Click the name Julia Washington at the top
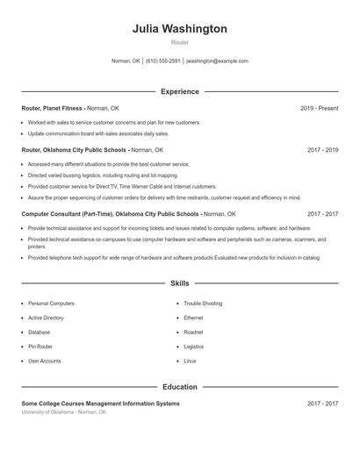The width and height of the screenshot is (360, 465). pyautogui.click(x=180, y=29)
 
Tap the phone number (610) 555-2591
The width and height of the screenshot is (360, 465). pyautogui.click(x=163, y=61)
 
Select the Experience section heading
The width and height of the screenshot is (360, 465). pyautogui.click(x=180, y=91)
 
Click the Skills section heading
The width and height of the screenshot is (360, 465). pyautogui.click(x=180, y=284)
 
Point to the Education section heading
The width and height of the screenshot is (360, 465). pyautogui.click(x=180, y=386)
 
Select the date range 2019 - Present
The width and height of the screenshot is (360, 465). pyautogui.click(x=319, y=108)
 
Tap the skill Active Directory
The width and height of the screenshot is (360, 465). pyautogui.click(x=46, y=318)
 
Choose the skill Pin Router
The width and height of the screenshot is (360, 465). pyautogui.click(x=40, y=347)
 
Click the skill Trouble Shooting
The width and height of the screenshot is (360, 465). pyautogui.click(x=203, y=304)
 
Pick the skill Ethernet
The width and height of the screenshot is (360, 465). pyautogui.click(x=193, y=318)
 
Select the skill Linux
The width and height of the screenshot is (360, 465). pyautogui.click(x=190, y=361)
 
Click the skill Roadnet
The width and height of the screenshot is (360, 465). pyautogui.click(x=193, y=333)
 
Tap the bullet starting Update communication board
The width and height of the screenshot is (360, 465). pyautogui.click(x=98, y=133)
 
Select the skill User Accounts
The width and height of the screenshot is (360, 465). pyautogui.click(x=44, y=361)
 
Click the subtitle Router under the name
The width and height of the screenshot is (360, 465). pyautogui.click(x=180, y=43)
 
